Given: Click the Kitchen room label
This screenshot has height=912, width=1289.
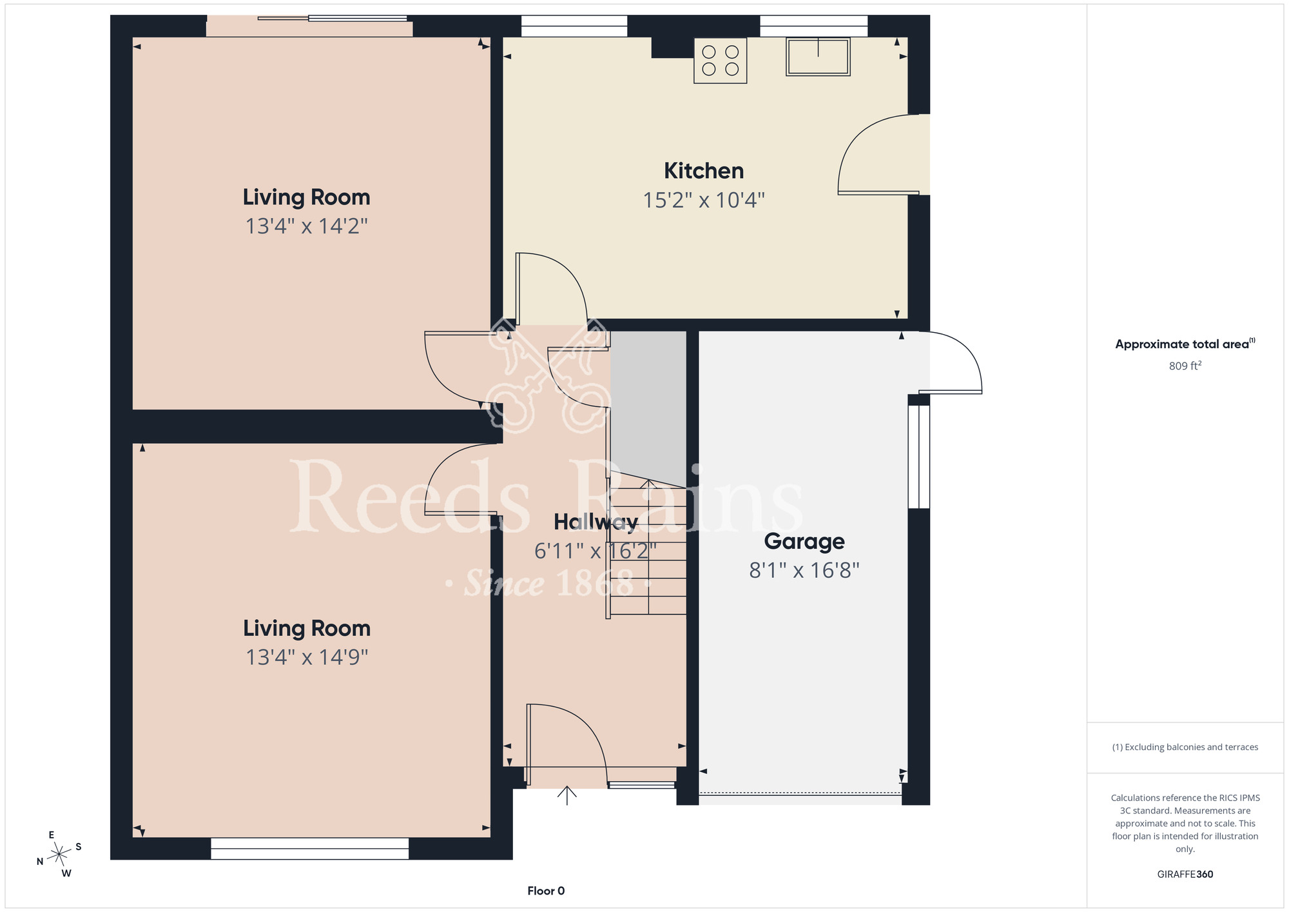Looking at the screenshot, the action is point(704,171).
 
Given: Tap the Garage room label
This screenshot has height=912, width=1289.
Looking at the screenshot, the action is point(804,542).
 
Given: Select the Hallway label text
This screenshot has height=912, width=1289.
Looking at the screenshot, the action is point(596,522).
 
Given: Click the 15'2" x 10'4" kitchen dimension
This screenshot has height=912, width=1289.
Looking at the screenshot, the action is point(704,201).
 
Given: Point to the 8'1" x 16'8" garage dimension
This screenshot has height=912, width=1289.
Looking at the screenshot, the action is point(804,571).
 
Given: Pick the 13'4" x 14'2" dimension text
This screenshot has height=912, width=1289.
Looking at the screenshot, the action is point(307,226).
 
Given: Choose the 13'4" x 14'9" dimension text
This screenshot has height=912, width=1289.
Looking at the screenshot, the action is point(307,657).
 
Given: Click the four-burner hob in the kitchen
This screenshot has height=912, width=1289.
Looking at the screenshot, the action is point(721,61).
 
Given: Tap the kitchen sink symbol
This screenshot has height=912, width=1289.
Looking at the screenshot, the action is point(818,57).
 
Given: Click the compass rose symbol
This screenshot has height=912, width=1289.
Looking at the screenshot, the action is point(59,855).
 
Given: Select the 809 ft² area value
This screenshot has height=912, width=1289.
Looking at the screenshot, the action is point(1185,366).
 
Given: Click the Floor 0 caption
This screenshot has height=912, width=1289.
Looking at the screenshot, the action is point(546,891).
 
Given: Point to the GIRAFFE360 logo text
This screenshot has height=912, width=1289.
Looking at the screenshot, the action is point(1185,875).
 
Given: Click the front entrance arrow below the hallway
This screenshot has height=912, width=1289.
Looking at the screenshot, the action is point(567,795).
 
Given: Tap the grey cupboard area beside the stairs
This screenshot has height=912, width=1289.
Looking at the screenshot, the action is point(648,406).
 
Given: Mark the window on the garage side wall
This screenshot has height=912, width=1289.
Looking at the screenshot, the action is point(919,457).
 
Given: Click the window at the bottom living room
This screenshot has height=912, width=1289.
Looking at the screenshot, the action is point(310,849).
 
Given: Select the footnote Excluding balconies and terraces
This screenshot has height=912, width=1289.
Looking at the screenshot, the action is point(1185,747).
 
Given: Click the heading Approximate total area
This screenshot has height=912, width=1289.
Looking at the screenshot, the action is point(1185,344).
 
